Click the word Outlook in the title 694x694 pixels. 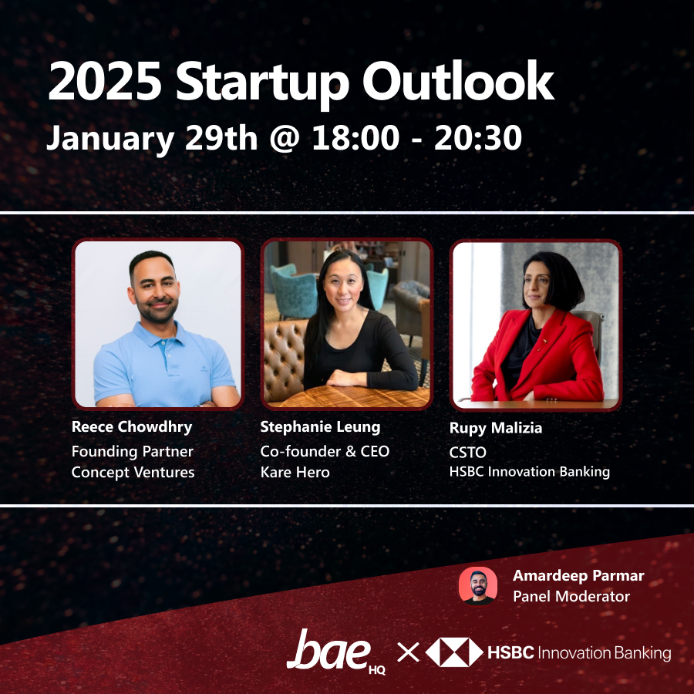pyautogui.click(x=458, y=82)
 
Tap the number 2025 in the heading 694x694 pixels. pyautogui.click(x=105, y=82)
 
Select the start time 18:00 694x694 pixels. pyautogui.click(x=355, y=138)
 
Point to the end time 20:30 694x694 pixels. pyautogui.click(x=478, y=138)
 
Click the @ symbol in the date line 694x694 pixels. pyautogui.click(x=285, y=139)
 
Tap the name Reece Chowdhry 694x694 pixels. pyautogui.click(x=132, y=426)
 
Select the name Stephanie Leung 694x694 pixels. pyautogui.click(x=320, y=426)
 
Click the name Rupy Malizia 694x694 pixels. pyautogui.click(x=496, y=427)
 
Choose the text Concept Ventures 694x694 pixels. pyautogui.click(x=133, y=472)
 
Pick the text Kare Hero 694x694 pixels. pyautogui.click(x=295, y=472)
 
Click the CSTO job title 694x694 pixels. pyautogui.click(x=468, y=453)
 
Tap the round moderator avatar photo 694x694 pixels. pyautogui.click(x=477, y=585)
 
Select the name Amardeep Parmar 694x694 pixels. pyautogui.click(x=578, y=575)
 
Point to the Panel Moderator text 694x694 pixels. pyautogui.click(x=571, y=596)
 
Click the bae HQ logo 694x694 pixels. pyautogui.click(x=336, y=652)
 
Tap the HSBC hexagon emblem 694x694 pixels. pyautogui.click(x=454, y=652)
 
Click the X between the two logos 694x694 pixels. pyautogui.click(x=408, y=652)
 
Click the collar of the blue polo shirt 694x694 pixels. pyautogui.click(x=160, y=334)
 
